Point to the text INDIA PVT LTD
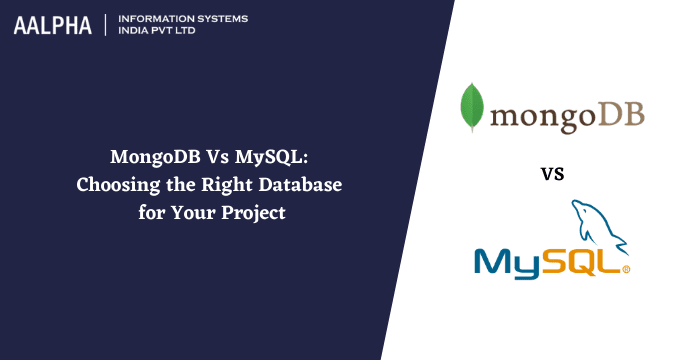[160, 33]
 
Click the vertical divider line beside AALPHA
[103, 26]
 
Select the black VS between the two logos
[552, 174]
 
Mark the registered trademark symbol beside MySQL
[626, 270]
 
